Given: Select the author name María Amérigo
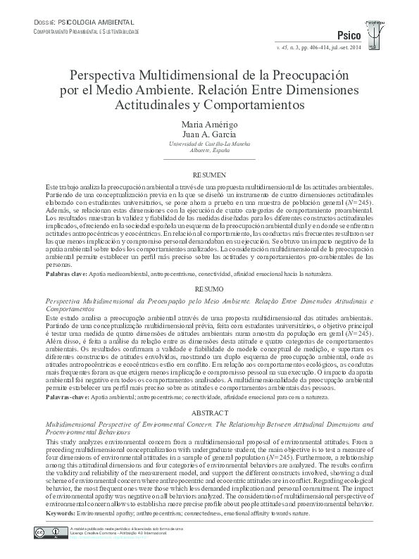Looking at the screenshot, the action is tap(208, 124).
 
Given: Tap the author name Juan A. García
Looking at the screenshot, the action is tap(208, 134).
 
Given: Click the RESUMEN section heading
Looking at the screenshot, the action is tap(208, 174).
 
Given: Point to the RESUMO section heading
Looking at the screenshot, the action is tap(208, 289).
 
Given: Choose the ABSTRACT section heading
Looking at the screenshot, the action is tap(208, 413).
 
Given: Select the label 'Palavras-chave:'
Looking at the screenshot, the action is tap(67, 397).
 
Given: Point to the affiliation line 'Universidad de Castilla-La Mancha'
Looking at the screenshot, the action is tap(208, 144).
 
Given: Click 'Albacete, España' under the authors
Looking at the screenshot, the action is tap(208, 151).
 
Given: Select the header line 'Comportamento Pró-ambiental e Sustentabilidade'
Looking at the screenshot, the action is tap(87, 32).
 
